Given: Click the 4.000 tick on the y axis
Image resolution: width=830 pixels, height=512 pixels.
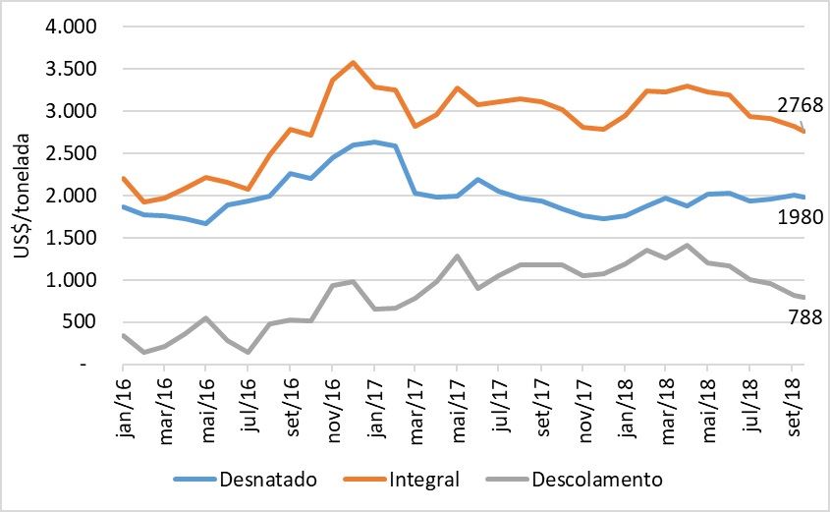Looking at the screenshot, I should point(70,27).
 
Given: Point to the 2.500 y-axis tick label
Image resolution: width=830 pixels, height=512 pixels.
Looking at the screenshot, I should point(70,153).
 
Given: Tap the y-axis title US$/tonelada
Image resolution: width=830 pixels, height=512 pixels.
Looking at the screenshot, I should point(23,197).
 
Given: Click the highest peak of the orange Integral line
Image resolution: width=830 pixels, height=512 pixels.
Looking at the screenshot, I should point(353,63).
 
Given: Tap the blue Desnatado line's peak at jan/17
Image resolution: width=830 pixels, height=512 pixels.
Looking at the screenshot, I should point(373,142).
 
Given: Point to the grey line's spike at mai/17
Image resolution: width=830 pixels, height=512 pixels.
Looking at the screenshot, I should point(457,256).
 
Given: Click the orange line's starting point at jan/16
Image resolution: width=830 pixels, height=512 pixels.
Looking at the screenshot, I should point(121,178).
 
